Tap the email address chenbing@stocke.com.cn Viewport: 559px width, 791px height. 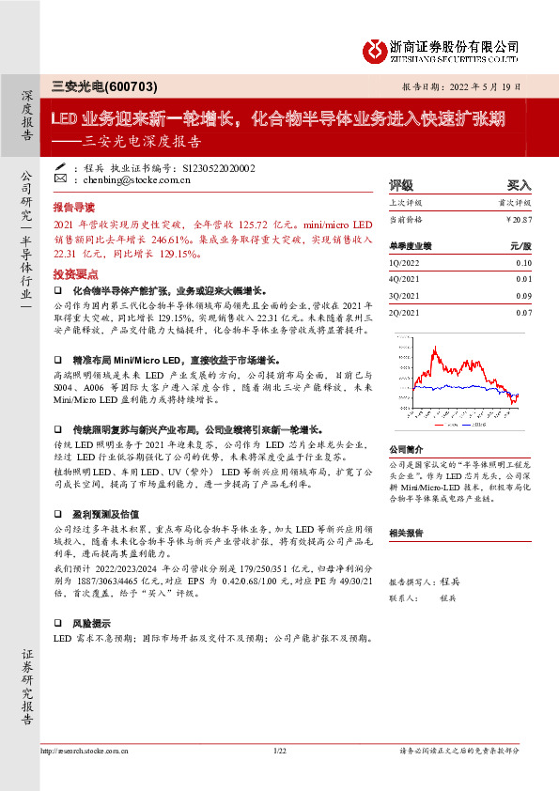[x=123, y=178]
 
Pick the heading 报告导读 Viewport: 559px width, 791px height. [x=74, y=205]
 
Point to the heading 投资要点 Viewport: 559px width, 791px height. [x=74, y=273]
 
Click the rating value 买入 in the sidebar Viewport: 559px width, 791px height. [x=519, y=185]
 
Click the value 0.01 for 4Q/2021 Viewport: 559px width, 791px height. [x=523, y=280]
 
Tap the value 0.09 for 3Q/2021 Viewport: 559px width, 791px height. [x=523, y=296]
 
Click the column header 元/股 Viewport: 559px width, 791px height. [x=520, y=245]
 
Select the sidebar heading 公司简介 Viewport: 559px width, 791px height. [x=408, y=450]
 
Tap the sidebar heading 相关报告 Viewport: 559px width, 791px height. [x=408, y=532]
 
